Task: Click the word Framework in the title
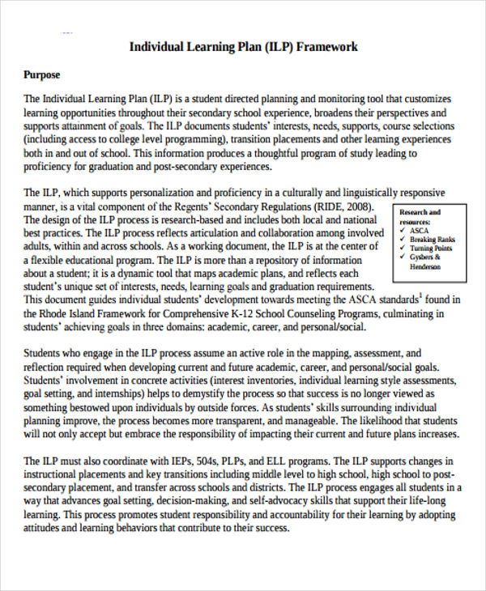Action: pyautogui.click(x=327, y=46)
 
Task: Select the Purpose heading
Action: pyautogui.click(x=41, y=75)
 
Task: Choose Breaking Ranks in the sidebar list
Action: pyautogui.click(x=433, y=240)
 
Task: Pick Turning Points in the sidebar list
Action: pyautogui.click(x=432, y=249)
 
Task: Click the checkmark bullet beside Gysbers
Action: pyautogui.click(x=402, y=257)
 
